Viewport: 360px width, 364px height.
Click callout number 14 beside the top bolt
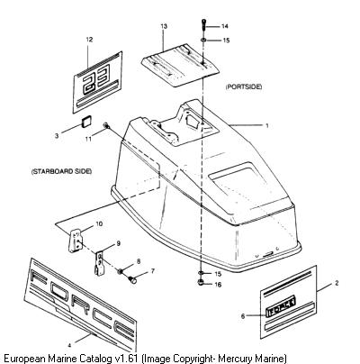tap(225, 26)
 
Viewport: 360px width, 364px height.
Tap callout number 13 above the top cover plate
tap(164, 26)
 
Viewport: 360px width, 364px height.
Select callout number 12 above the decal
tap(89, 40)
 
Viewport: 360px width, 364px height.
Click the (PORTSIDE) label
tap(244, 86)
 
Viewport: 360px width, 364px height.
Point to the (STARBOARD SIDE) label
tap(61, 171)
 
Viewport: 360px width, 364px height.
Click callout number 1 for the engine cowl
tap(267, 125)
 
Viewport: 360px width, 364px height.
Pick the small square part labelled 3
tap(86, 122)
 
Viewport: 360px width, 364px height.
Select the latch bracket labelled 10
tap(75, 241)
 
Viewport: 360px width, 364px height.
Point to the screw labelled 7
tap(132, 280)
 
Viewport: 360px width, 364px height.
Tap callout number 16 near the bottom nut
tap(218, 284)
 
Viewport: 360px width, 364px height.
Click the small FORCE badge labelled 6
tap(281, 306)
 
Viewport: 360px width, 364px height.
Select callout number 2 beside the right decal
tap(337, 283)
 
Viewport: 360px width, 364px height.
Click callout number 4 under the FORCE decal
tap(69, 345)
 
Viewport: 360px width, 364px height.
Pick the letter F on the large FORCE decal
tap(38, 277)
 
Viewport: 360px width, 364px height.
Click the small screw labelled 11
tap(106, 126)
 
